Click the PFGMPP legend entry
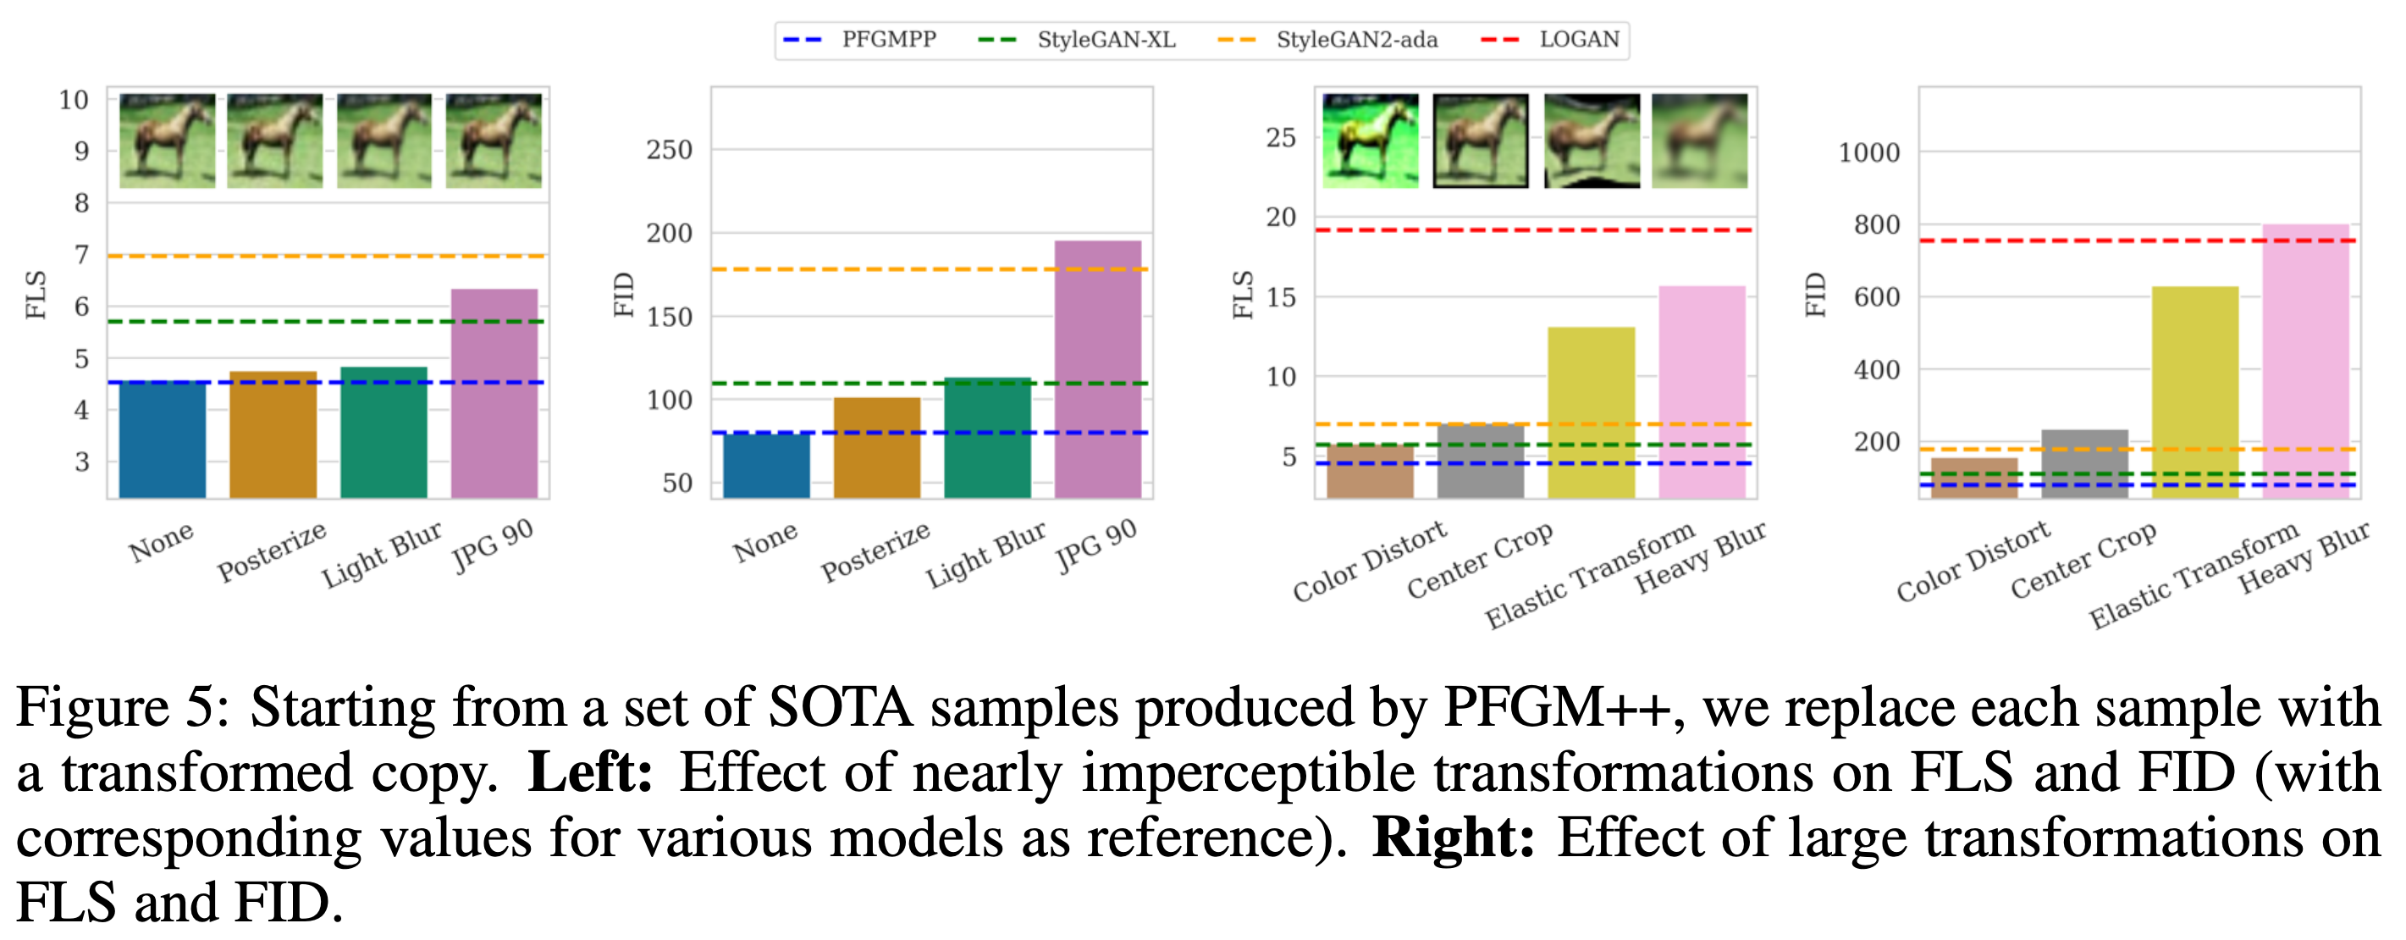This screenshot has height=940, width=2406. click(x=887, y=40)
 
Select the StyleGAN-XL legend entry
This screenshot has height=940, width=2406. click(x=1105, y=40)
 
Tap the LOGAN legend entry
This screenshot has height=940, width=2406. click(x=1579, y=40)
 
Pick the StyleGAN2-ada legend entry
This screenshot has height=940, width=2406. click(x=1356, y=40)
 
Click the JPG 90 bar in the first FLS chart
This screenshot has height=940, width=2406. click(x=494, y=392)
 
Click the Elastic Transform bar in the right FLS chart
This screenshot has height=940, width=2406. click(x=1591, y=411)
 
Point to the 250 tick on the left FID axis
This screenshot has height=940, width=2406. click(x=669, y=150)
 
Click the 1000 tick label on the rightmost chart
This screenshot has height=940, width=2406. click(x=1868, y=152)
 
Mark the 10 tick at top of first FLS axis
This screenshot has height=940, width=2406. click(x=73, y=100)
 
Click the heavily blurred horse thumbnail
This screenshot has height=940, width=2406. click(x=1700, y=141)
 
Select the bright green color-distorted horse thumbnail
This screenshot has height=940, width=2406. click(x=1370, y=141)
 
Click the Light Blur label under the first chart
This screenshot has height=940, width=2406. click(x=381, y=554)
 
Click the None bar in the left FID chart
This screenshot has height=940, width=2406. click(x=767, y=464)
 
